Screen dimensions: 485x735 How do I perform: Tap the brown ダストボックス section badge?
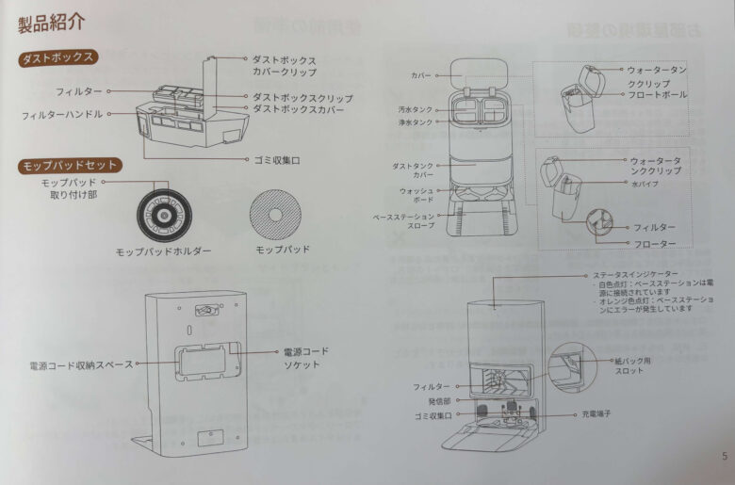point(58,57)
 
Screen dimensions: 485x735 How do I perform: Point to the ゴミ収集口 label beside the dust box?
point(277,160)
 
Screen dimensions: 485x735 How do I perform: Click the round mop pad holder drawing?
point(163,214)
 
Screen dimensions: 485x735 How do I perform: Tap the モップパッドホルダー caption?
point(163,252)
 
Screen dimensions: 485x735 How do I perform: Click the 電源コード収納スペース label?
point(81,364)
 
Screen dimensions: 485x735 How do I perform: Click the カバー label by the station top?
point(420,74)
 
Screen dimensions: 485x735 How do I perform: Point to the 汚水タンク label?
point(415,109)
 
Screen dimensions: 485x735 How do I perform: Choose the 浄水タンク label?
point(415,122)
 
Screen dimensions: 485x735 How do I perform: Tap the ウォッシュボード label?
point(415,196)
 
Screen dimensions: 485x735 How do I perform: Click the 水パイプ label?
point(645,184)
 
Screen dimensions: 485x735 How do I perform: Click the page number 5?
point(723,457)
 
